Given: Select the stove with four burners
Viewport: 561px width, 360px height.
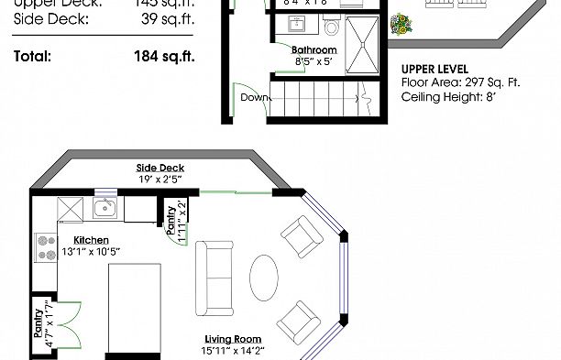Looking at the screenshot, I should coord(45,245).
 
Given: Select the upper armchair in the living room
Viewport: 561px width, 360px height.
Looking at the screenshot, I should coord(302,238).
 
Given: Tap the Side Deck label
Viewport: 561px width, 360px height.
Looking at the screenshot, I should coord(160,168).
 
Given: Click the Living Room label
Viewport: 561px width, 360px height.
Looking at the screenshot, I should coord(233,339).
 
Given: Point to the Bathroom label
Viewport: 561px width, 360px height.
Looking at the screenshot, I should coord(313,50).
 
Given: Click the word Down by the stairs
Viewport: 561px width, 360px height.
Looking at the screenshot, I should coord(253,96).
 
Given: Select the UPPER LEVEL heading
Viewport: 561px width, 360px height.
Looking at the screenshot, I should coord(435,69).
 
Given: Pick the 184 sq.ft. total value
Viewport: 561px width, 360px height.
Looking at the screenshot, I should coord(164,56).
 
